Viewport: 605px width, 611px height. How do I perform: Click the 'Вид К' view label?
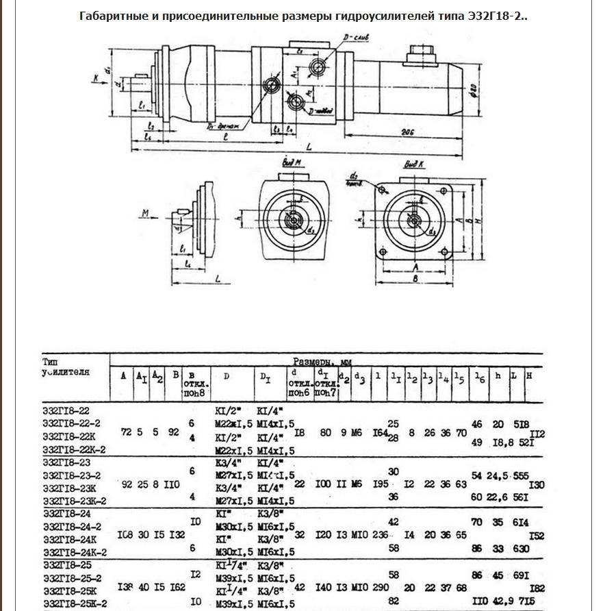coord(413,164)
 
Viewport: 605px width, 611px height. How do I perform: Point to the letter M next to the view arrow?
coord(145,214)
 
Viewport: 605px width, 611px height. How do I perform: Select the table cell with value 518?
coord(520,425)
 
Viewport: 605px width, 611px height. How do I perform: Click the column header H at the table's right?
coord(530,376)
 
